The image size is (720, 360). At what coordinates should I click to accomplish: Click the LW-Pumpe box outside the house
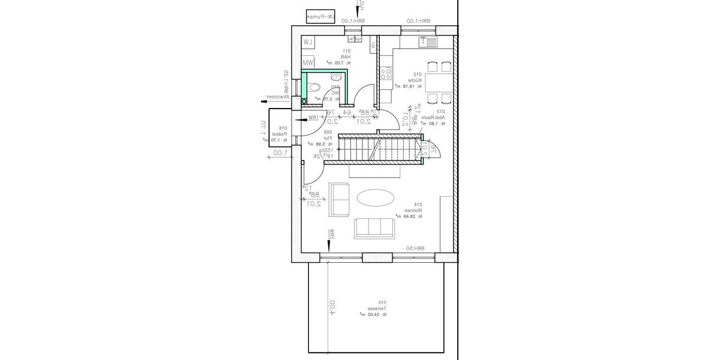(x=320, y=17)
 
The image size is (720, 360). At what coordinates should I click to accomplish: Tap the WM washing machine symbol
(x=308, y=62)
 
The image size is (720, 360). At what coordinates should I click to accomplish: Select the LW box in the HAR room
(x=308, y=41)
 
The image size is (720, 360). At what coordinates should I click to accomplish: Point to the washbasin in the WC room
(x=337, y=77)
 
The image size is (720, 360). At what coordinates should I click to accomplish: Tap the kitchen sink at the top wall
(x=430, y=41)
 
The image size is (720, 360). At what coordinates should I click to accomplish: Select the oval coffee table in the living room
(x=376, y=197)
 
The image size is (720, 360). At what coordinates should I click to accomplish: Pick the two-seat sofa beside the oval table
(x=341, y=200)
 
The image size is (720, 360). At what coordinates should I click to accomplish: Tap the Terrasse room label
(x=373, y=308)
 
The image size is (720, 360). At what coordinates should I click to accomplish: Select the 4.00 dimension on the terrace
(x=332, y=307)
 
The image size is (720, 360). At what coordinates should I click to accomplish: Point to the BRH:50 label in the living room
(x=419, y=248)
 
